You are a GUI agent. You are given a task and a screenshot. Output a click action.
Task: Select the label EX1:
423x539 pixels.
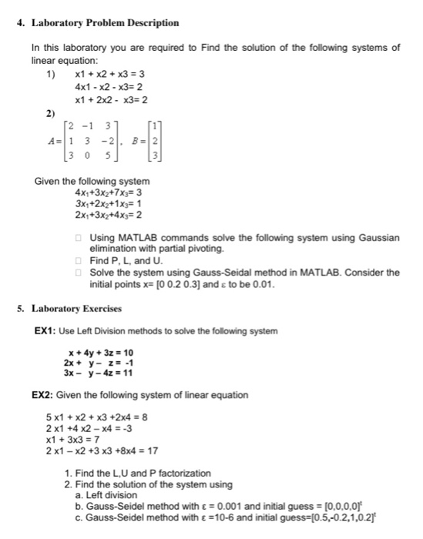coord(45,331)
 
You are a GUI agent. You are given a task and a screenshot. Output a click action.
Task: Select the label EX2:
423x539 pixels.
coord(45,395)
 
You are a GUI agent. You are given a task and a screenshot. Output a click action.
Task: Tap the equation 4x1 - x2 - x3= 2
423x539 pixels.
coord(109,87)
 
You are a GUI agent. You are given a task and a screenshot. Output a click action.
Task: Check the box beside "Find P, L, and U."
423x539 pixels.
coord(79,261)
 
